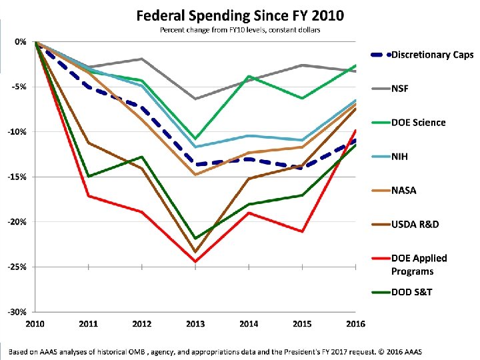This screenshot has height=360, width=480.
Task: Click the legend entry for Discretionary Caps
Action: [x=431, y=54]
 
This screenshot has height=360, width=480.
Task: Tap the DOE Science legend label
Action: [x=418, y=122]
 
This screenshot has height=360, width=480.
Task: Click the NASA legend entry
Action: [x=404, y=191]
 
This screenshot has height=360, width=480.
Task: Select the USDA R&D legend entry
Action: [x=415, y=224]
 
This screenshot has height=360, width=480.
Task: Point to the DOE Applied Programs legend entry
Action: [x=419, y=265]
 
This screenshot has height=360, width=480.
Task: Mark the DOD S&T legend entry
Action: [x=412, y=292]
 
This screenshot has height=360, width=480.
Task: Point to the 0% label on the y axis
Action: [x=20, y=41]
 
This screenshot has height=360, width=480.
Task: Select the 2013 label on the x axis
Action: [x=195, y=324]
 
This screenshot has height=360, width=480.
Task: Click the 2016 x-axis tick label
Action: [x=356, y=324]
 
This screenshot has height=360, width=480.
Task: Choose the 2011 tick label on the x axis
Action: [x=88, y=324]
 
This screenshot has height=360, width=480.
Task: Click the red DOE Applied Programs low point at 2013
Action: [x=195, y=261]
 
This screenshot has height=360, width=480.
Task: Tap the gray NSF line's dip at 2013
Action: [x=195, y=99]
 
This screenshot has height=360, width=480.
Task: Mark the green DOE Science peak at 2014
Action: [x=249, y=77]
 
